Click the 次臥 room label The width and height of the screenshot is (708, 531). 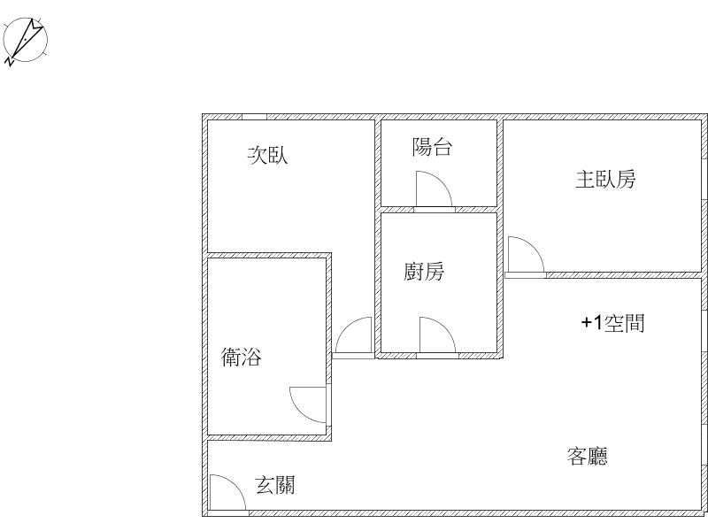267,155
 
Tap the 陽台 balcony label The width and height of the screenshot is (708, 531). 432,147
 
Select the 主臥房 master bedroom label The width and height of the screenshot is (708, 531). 605,180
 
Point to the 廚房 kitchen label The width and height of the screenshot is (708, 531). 424,272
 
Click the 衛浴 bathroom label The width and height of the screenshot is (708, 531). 241,357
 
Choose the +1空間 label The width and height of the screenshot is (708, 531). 612,323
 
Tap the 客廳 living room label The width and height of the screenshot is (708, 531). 587,456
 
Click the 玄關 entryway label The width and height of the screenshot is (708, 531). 275,485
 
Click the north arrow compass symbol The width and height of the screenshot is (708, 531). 26,41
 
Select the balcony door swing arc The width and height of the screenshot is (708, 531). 442,180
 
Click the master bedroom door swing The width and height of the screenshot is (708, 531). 534,245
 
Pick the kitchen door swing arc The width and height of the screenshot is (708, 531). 445,326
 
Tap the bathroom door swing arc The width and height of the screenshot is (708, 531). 300,413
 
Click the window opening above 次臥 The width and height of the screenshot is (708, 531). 254,117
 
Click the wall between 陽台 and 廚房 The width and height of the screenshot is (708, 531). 439,210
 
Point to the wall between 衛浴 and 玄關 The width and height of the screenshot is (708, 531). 270,438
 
